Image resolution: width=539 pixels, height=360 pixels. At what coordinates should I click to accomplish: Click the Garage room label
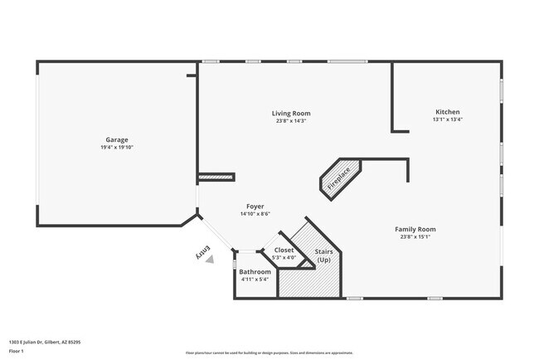coord(116,139)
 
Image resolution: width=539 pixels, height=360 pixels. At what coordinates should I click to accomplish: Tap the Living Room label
coord(291,113)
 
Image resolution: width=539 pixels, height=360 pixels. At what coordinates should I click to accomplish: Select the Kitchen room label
coord(447,112)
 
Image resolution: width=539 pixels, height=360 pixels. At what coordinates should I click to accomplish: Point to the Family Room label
coord(415,229)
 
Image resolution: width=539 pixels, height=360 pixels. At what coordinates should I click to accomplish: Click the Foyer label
coord(255,206)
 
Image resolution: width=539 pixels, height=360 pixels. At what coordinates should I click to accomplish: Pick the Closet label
coord(284,250)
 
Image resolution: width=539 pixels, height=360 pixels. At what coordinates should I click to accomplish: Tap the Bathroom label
coord(255,271)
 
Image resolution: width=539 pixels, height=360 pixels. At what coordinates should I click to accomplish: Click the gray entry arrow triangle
coord(210,259)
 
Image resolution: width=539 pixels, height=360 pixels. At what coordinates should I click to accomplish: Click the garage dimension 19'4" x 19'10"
coord(116,148)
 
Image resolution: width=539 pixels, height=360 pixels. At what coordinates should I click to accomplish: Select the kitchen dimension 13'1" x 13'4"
coord(447,120)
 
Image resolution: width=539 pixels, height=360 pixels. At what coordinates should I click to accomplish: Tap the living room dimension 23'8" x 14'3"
coord(291,121)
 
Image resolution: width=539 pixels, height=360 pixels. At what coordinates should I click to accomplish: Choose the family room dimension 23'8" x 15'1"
coord(415,237)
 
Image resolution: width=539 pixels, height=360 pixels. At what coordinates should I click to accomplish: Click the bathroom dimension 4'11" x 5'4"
coord(255,280)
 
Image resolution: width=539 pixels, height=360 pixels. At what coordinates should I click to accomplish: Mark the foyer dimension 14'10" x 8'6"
coord(255,214)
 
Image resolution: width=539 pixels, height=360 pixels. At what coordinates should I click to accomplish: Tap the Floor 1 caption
coord(17,351)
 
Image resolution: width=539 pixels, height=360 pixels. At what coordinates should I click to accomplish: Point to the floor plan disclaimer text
coord(269,352)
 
